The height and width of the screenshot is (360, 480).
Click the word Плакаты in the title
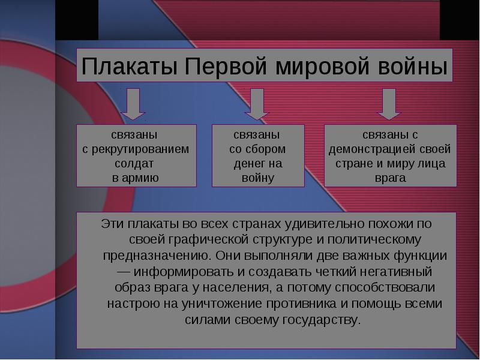coord(130,67)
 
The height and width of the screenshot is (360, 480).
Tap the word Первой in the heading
coord(226,67)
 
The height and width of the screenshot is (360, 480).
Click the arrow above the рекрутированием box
coord(133,104)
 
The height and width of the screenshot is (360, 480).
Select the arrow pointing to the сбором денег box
coord(257,104)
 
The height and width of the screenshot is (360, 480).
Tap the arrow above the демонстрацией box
coord(389,104)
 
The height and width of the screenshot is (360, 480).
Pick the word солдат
coord(134,164)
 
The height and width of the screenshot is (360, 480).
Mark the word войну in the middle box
coord(258,178)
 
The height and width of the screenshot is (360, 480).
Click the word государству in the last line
coord(322,320)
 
